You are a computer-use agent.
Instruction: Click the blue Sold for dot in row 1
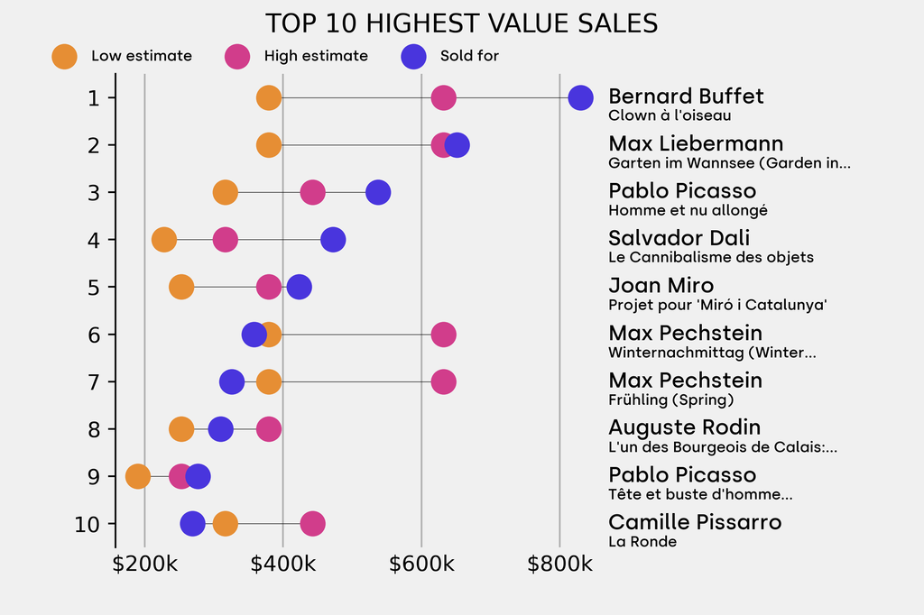coord(580,97)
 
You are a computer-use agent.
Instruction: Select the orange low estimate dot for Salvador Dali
coord(163,240)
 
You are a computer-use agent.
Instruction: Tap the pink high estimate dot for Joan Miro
coord(269,287)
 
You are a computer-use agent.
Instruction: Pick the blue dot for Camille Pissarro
coord(192,524)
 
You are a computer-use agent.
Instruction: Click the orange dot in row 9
coord(137,476)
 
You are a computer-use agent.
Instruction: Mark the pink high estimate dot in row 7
coord(443,381)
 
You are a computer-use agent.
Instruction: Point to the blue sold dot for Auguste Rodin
coord(220,429)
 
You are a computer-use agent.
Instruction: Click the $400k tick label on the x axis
coord(283,565)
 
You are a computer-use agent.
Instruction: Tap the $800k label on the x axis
coord(559,565)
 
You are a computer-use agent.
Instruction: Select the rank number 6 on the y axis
coord(94,335)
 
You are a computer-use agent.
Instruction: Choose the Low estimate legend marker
coord(64,56)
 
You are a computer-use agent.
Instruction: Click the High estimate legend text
coord(316,56)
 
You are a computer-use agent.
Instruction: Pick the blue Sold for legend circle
coord(412,56)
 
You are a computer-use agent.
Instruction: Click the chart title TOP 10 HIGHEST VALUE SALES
coord(461,23)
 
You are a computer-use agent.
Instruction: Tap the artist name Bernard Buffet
coord(686,96)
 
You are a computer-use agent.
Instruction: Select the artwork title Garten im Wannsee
coord(729,163)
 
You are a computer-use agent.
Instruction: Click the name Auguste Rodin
coord(684,427)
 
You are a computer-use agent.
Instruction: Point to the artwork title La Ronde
coord(642,541)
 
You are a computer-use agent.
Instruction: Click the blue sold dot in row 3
coord(378,192)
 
